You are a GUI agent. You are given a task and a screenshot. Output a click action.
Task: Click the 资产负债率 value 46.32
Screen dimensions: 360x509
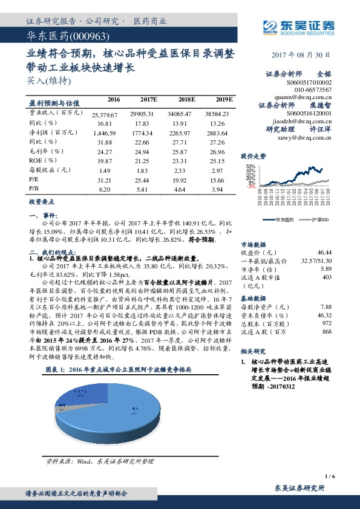click(x=324, y=314)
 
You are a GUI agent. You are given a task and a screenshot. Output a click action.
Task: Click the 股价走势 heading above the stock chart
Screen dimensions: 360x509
click(x=253, y=155)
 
